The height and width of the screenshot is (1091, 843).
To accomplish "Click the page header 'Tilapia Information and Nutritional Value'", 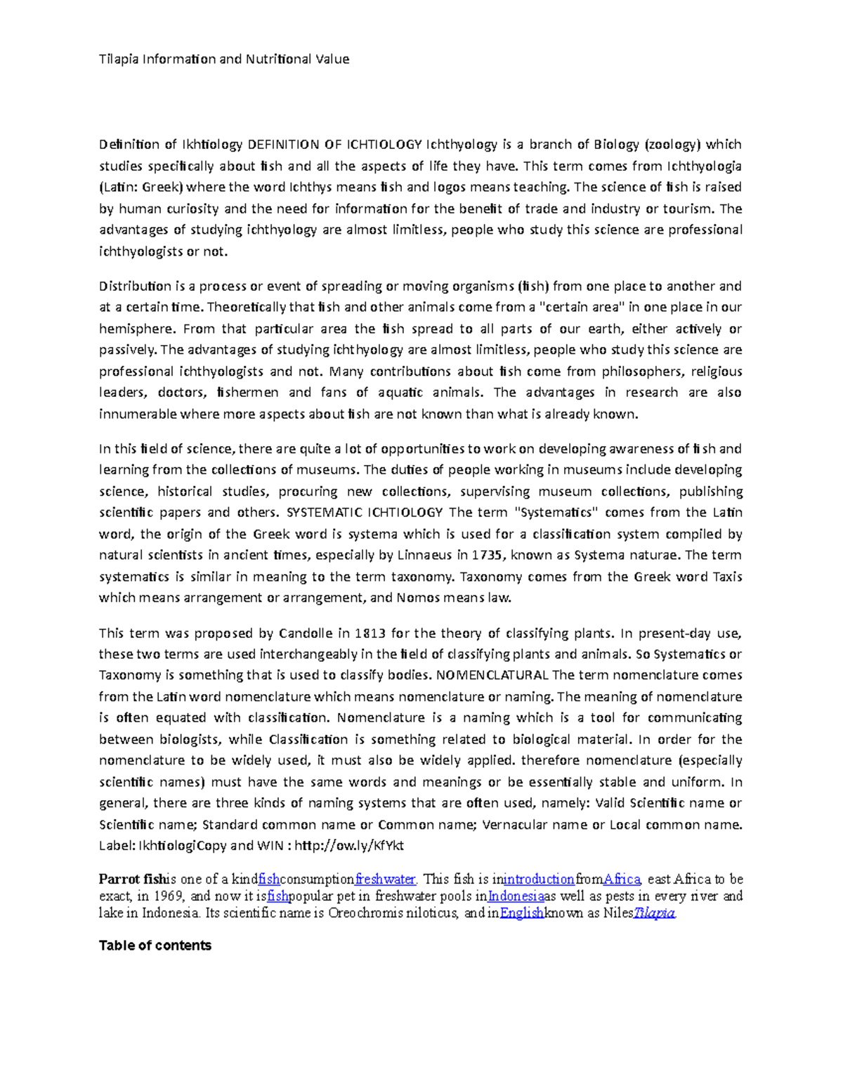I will tap(224, 59).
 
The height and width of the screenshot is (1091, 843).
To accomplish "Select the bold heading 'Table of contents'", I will tap(155, 946).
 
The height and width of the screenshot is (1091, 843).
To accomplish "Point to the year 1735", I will tap(487, 555).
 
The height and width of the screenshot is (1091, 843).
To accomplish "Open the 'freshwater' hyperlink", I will tap(386, 879).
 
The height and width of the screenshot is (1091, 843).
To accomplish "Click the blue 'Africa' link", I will tap(622, 879).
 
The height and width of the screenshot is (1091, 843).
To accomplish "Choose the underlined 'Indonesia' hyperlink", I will tap(516, 896).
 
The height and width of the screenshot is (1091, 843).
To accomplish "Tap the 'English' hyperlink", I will tap(522, 913).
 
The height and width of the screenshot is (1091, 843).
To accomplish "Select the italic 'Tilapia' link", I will tap(655, 913).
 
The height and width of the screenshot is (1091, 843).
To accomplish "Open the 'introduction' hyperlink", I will tap(539, 879).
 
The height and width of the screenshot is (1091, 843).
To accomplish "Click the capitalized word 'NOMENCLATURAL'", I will tap(492, 675).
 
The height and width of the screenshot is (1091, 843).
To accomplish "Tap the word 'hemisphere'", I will tap(136, 329).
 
